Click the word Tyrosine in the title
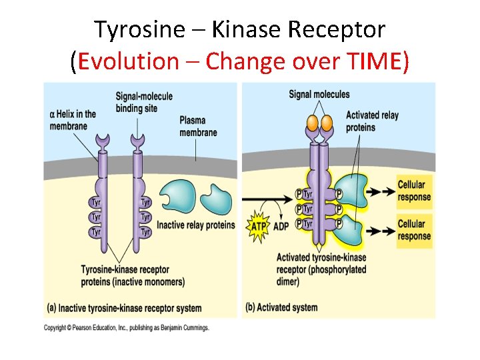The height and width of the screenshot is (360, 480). pos(131,29)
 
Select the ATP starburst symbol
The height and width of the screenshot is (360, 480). pos(259,227)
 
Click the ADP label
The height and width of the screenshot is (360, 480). pos(281,227)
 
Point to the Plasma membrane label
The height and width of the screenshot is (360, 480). pos(198,126)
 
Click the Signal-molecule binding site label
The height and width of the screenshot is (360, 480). pos(143,102)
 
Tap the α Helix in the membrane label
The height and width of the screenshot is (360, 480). pos(73,120)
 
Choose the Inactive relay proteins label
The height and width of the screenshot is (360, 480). pos(195,225)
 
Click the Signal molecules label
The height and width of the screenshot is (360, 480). pos(319,95)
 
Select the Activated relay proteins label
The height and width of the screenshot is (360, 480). pos(371,121)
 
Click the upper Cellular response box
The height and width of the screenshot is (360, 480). pos(414,191)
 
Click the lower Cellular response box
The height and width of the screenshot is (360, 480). pos(414,230)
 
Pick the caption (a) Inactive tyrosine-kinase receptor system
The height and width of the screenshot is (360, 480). pos(124,308)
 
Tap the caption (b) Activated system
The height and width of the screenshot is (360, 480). pos(282,307)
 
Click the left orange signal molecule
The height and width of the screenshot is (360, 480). pos(312,123)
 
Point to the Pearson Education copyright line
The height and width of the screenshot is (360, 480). pos(127,327)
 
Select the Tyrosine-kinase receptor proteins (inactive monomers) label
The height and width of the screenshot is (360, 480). pos(133,276)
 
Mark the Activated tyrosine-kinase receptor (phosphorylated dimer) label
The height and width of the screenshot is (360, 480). pos(321,269)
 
